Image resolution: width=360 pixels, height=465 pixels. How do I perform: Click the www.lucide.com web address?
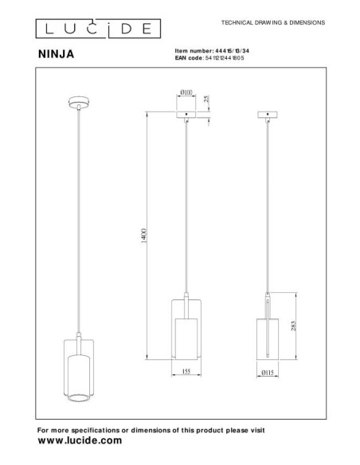tap(80, 440)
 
